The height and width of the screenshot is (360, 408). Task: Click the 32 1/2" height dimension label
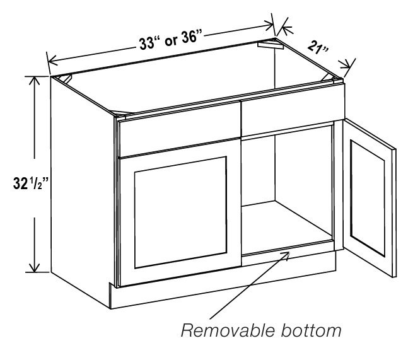[31, 183]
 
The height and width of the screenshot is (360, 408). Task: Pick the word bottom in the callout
[311, 330]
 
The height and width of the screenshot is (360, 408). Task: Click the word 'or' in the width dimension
[171, 40]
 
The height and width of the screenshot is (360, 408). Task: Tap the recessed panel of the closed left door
[180, 212]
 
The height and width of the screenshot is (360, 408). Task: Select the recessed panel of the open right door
[368, 198]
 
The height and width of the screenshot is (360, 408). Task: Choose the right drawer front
[293, 110]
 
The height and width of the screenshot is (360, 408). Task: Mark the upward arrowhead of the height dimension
[34, 81]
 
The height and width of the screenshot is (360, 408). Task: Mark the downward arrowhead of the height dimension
[34, 268]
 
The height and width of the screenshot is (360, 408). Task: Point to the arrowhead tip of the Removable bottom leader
[289, 252]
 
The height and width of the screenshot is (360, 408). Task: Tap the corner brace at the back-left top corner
[65, 78]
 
